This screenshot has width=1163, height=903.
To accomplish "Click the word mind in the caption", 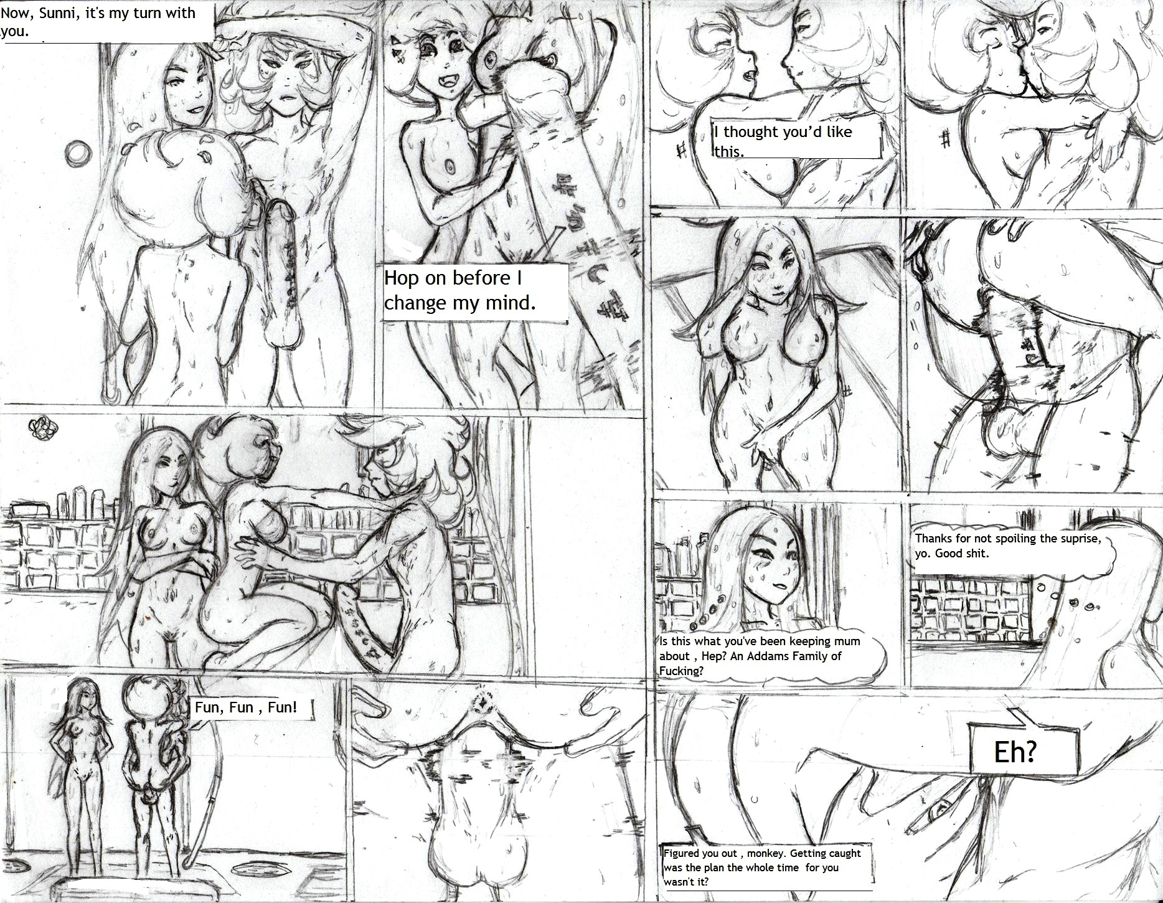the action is tap(504, 303).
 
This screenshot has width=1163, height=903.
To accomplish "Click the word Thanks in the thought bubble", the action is tap(933, 539).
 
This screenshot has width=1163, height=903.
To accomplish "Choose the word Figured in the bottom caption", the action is tap(682, 854).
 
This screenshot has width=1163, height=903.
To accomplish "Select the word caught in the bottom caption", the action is tap(844, 854).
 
